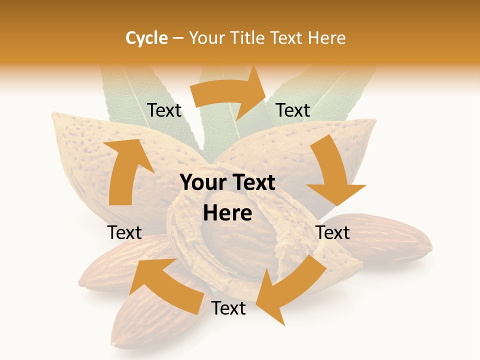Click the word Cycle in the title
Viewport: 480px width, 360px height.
[x=146, y=38]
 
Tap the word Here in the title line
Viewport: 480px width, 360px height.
[x=327, y=38]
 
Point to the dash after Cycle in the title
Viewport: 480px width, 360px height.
[x=178, y=38]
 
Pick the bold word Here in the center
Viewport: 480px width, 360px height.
[x=227, y=213]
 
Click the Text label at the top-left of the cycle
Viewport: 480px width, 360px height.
[x=164, y=110]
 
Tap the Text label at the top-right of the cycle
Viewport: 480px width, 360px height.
[x=293, y=110]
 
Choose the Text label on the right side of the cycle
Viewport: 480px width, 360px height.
[x=333, y=232]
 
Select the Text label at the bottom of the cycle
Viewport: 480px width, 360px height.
[x=228, y=308]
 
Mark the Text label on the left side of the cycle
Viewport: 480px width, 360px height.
[x=124, y=232]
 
